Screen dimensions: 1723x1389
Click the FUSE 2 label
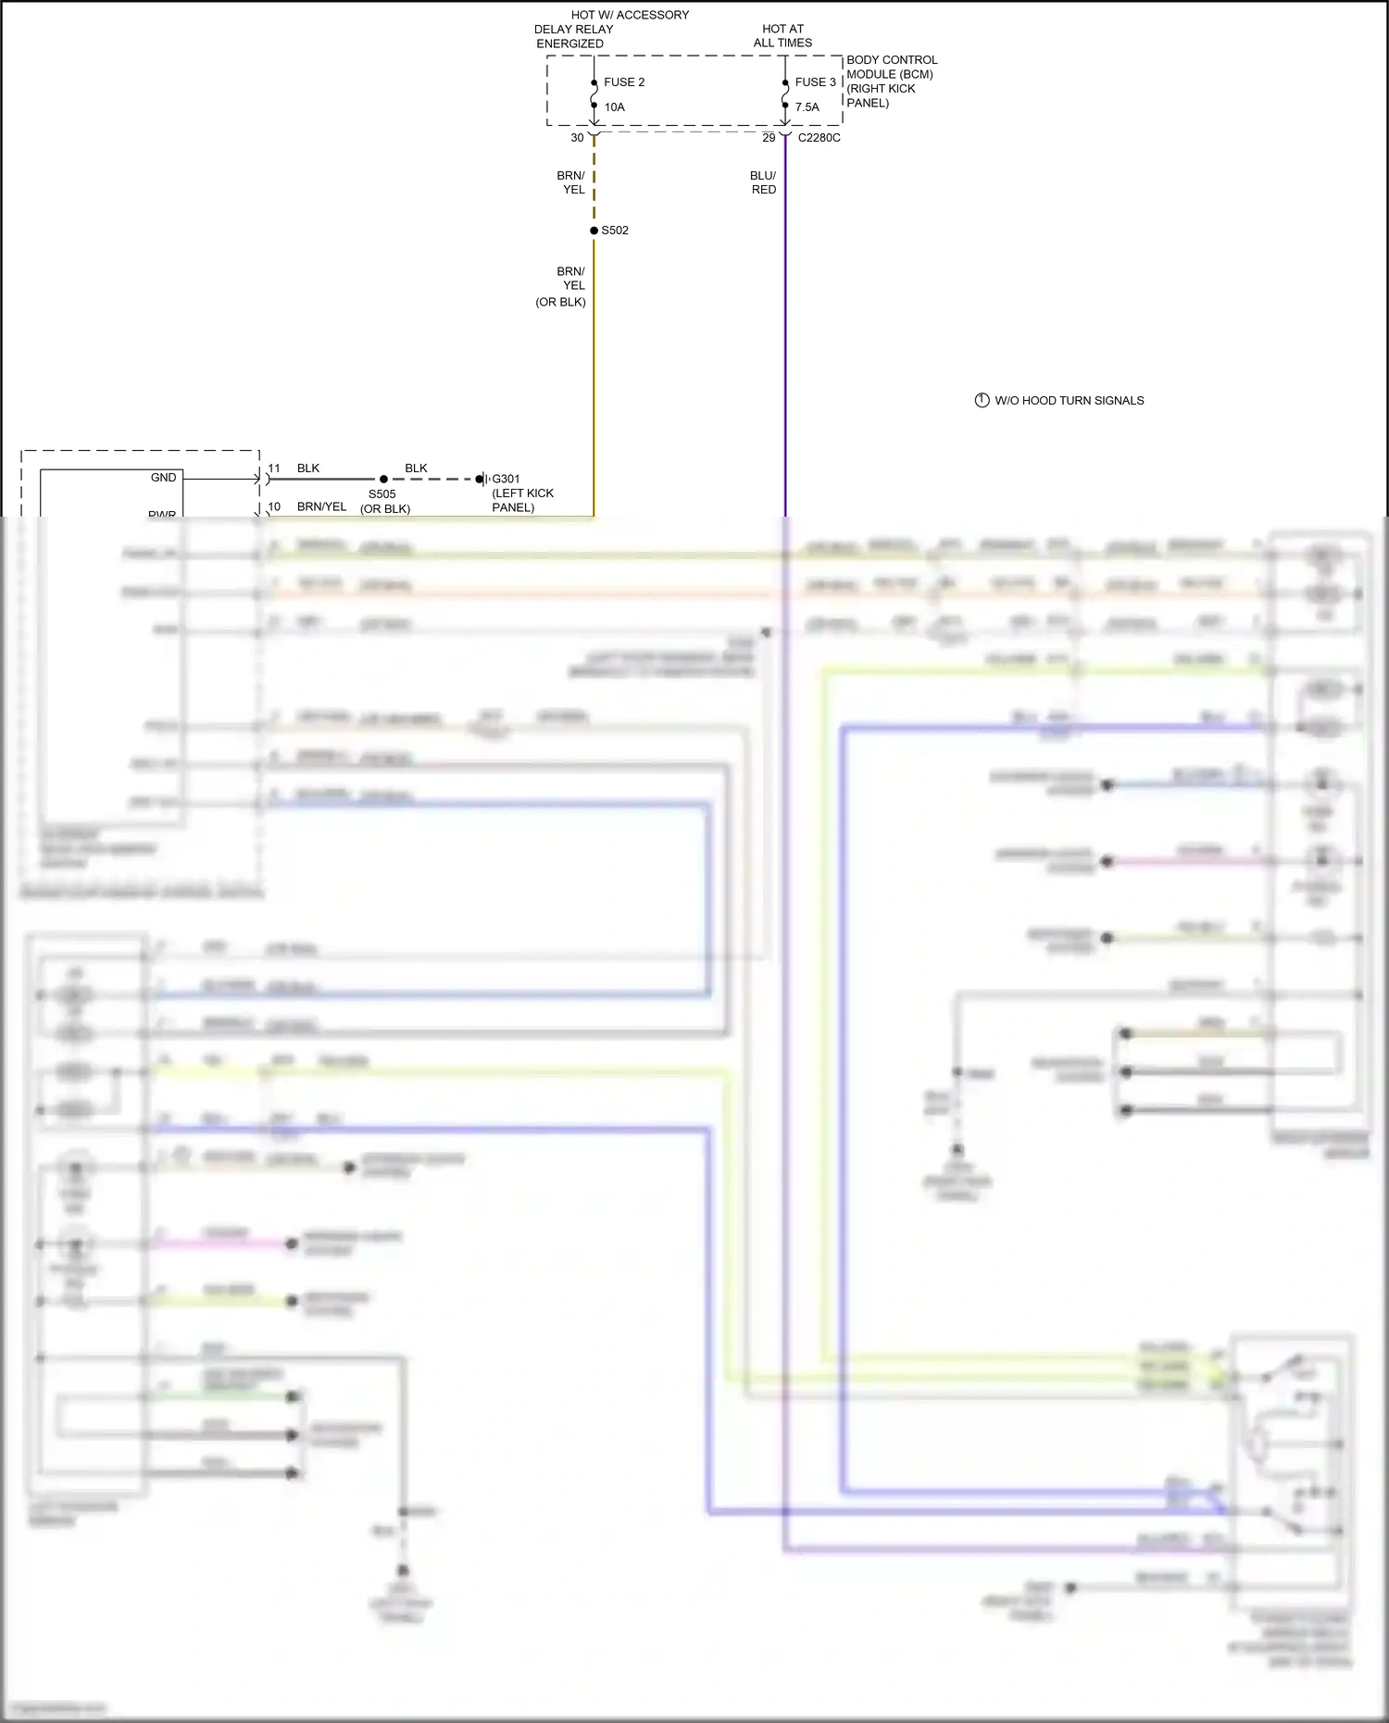(623, 82)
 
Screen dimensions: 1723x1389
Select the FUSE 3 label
(815, 82)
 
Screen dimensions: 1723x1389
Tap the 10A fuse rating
(614, 107)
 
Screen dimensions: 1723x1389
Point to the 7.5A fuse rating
(807, 107)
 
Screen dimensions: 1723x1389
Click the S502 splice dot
(594, 231)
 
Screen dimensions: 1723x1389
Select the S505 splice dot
(383, 480)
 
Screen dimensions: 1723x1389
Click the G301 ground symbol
(482, 480)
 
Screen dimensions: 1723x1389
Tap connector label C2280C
(819, 138)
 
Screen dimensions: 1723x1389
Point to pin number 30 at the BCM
(577, 138)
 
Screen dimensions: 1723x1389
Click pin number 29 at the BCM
(769, 138)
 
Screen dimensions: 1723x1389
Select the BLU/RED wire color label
(763, 182)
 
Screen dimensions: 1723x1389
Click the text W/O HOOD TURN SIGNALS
(1069, 401)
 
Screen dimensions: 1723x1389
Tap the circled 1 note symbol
(982, 401)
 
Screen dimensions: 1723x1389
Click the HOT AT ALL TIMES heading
(782, 36)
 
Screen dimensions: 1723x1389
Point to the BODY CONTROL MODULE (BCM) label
(891, 67)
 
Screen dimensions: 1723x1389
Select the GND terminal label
(163, 478)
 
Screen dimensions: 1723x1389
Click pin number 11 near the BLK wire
(274, 468)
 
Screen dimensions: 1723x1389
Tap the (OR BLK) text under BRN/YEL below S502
(560, 302)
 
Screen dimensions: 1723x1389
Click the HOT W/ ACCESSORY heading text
(630, 15)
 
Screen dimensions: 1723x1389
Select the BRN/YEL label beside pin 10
(321, 506)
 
